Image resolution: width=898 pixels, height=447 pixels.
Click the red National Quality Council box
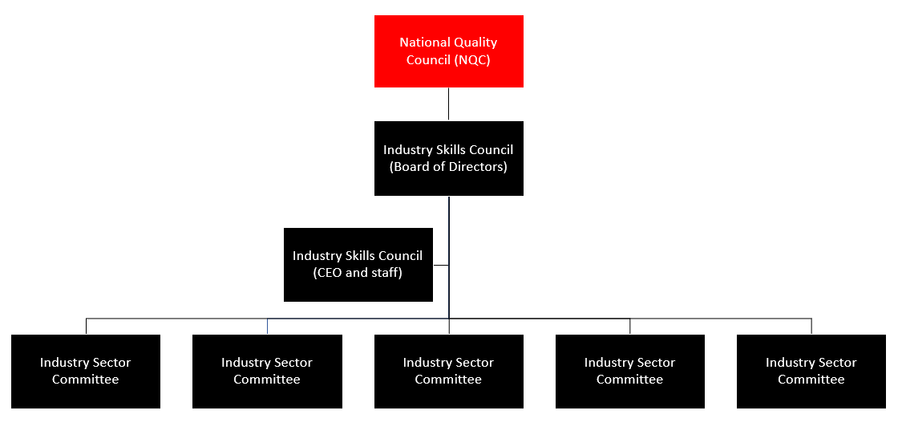448,51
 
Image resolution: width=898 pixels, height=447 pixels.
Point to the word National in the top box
424,43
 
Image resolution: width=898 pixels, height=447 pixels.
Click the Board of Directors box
448,158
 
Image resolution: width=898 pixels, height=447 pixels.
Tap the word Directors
479,167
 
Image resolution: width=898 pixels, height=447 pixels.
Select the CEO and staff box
358,265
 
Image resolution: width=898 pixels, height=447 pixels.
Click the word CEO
329,273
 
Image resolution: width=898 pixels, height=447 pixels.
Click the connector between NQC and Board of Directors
448,104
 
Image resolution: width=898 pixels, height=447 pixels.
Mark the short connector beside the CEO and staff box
440,265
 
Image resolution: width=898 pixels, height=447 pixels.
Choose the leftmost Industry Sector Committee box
86,372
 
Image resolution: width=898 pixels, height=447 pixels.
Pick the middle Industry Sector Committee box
448,372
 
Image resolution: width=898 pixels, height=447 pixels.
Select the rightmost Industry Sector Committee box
811,372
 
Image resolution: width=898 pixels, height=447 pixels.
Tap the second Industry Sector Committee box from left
267,372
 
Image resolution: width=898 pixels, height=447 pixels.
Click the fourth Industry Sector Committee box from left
629,372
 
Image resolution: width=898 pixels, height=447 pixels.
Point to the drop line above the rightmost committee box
811,326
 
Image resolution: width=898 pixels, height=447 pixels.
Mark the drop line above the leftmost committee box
86,326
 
